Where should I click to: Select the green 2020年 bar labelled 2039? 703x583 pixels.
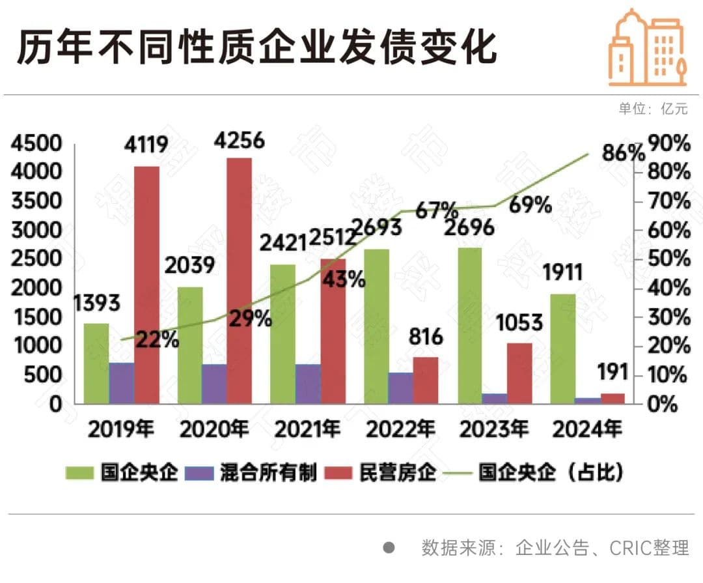pos(189,345)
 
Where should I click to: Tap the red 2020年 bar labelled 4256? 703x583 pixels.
pos(239,280)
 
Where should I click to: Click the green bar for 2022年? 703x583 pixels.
pos(376,326)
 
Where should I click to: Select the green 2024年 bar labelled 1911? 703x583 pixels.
pos(562,348)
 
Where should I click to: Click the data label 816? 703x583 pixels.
pos(426,337)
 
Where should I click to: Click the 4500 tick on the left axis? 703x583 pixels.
pos(36,143)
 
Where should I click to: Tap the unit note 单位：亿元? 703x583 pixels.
pos(652,109)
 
